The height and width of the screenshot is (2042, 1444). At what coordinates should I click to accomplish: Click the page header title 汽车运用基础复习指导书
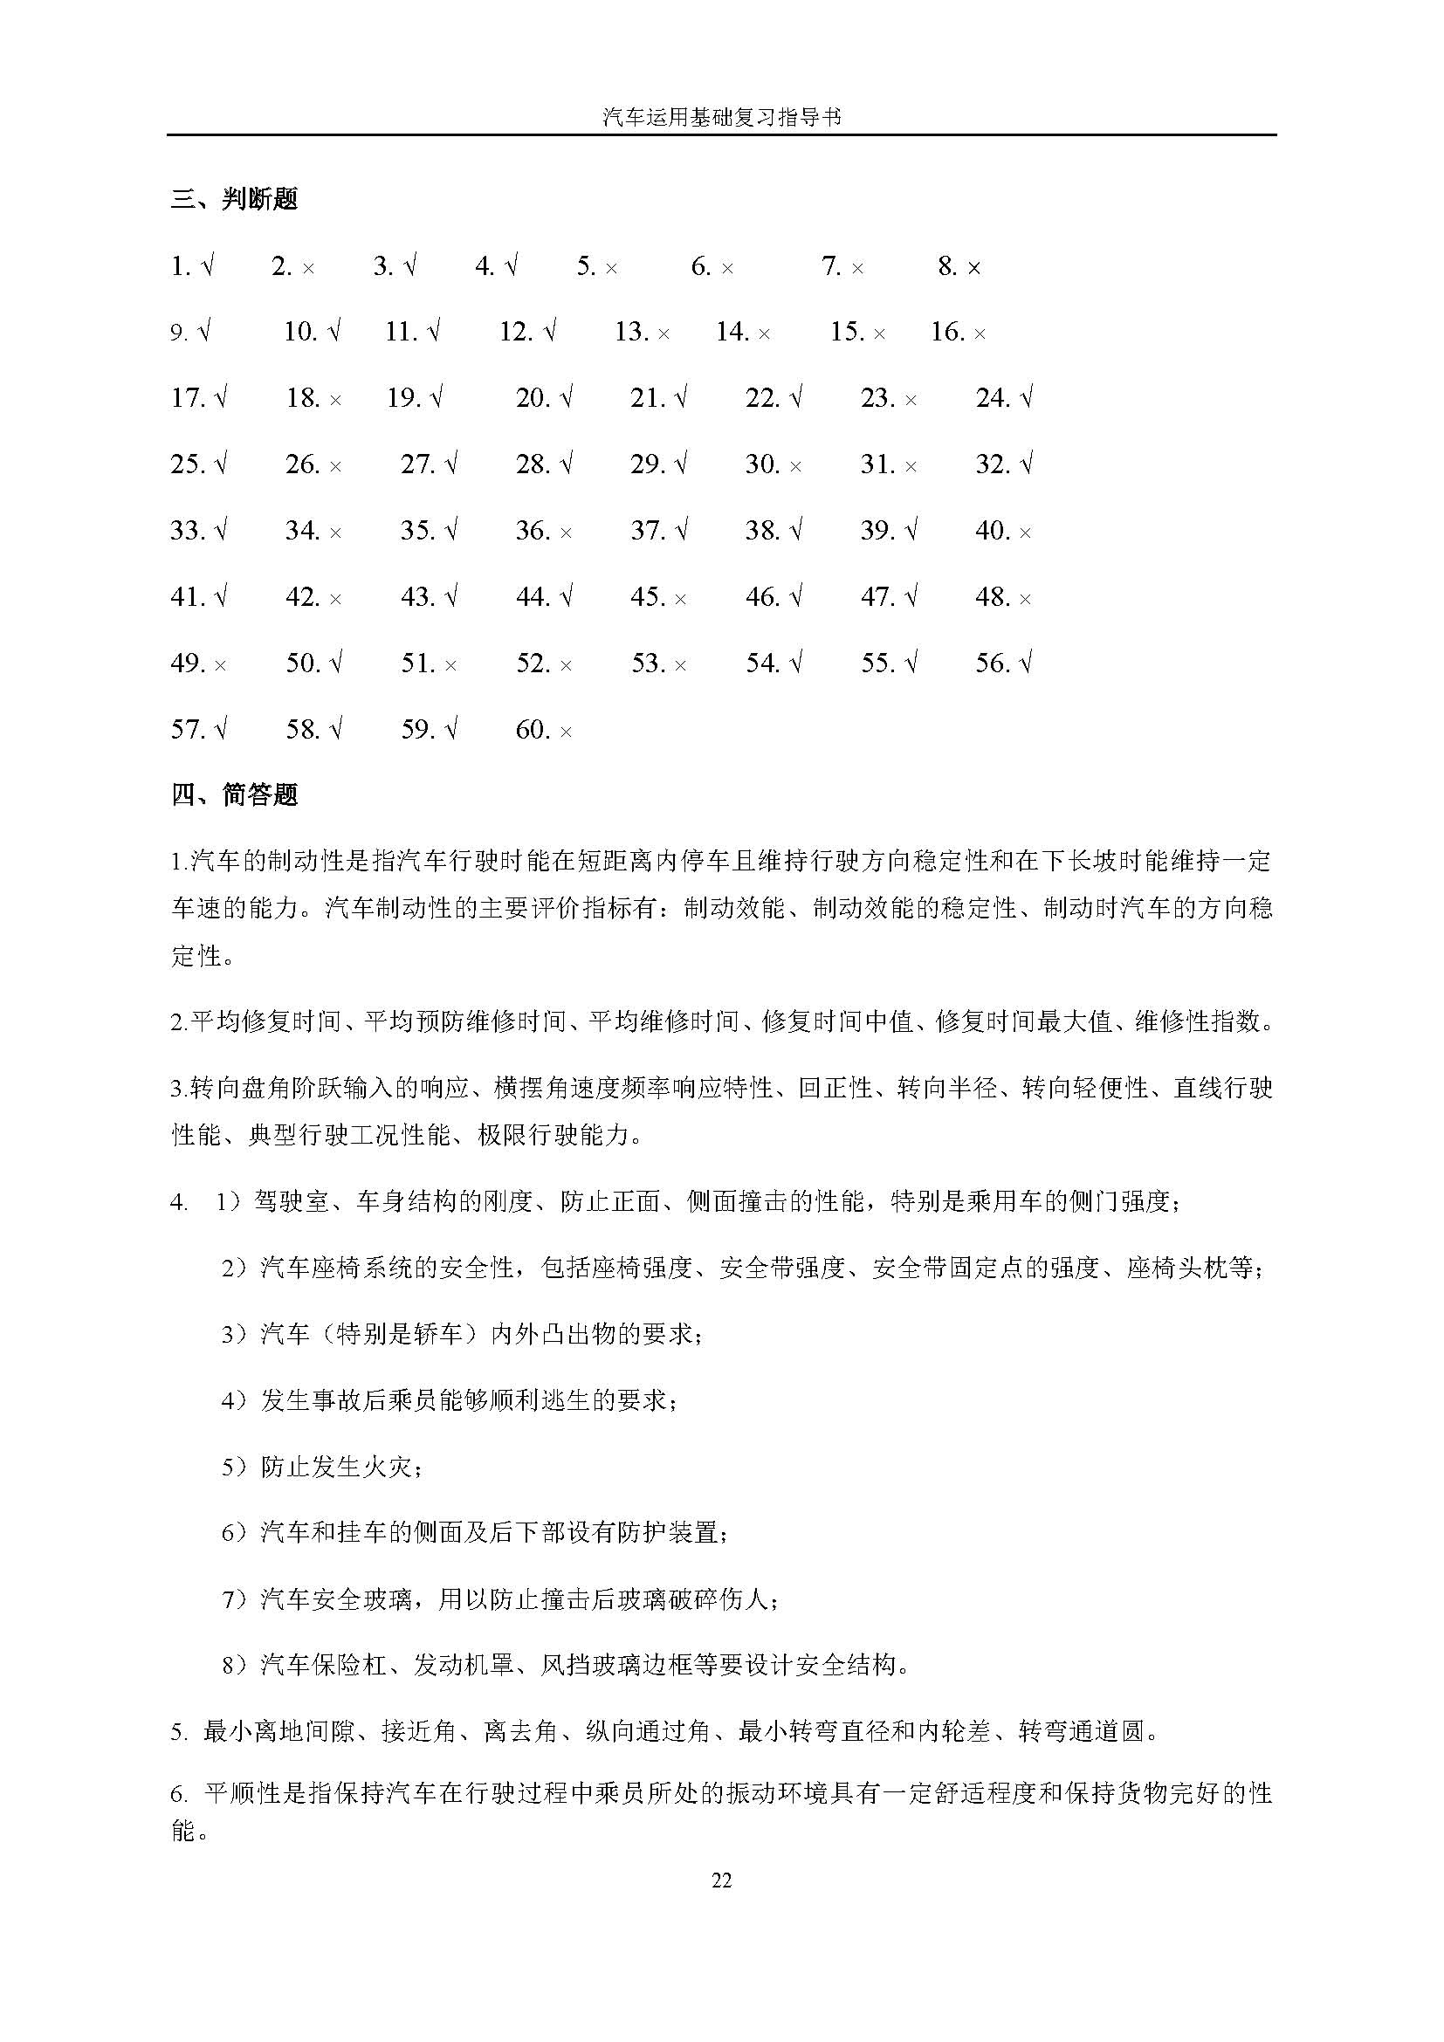pyautogui.click(x=721, y=117)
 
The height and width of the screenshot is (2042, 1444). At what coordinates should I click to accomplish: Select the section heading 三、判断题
pyautogui.click(x=235, y=199)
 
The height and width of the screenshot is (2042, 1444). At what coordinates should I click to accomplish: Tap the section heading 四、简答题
pyautogui.click(x=235, y=794)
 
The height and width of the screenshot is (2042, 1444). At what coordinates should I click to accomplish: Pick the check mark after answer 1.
pyautogui.click(x=207, y=266)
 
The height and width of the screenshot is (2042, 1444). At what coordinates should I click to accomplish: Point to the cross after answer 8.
pyautogui.click(x=973, y=268)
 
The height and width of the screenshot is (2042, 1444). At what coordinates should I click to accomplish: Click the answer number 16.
pyautogui.click(x=947, y=333)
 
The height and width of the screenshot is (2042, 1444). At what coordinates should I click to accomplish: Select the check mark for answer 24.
pyautogui.click(x=1026, y=397)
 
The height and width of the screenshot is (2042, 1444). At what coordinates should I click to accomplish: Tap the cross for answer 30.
pyautogui.click(x=795, y=466)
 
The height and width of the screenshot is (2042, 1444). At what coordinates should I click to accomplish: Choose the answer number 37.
pyautogui.click(x=647, y=531)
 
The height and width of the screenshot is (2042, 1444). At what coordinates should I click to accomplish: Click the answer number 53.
pyautogui.click(x=648, y=663)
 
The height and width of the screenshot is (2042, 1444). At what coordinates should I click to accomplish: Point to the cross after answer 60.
pyautogui.click(x=566, y=732)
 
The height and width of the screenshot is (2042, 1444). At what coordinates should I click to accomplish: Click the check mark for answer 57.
pyautogui.click(x=221, y=729)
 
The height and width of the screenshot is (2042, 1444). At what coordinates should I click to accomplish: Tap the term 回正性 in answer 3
pyautogui.click(x=835, y=1088)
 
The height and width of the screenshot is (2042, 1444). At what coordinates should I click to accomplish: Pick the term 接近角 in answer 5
pyautogui.click(x=418, y=1731)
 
